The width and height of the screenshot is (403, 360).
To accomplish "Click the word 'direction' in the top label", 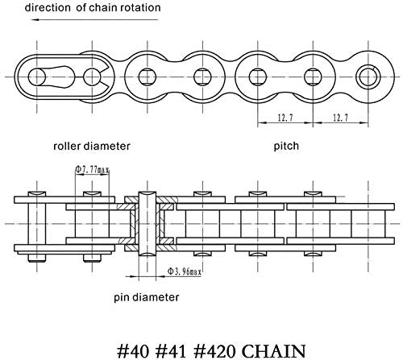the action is pos(48,7).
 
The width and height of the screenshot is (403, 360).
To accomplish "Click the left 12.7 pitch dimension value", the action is pos(285,118).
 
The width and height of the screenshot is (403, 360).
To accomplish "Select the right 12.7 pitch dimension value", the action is pos(340,118).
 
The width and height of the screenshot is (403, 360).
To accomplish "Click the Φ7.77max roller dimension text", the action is pos(92,169).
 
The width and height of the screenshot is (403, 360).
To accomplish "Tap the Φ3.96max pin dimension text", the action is pos(185,271).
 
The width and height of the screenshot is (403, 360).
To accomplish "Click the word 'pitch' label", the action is pos(286,147).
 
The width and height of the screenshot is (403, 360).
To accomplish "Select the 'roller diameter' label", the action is pos(92,147).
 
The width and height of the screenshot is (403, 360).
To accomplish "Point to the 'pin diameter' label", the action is pos(147,297).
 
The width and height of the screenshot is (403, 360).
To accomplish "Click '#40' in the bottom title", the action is pos(132,351).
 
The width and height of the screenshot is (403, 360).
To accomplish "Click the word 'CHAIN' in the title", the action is pos(274,351).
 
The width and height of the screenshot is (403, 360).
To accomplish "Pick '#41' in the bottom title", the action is pos(171,351).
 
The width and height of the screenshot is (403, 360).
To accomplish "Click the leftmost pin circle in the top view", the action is pos(37,77).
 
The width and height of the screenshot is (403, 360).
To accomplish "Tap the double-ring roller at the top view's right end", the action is pos(368,77).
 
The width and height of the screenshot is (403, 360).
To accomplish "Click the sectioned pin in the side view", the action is pos(147,224).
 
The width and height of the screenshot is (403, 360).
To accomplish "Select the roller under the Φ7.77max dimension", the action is pos(92,224).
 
